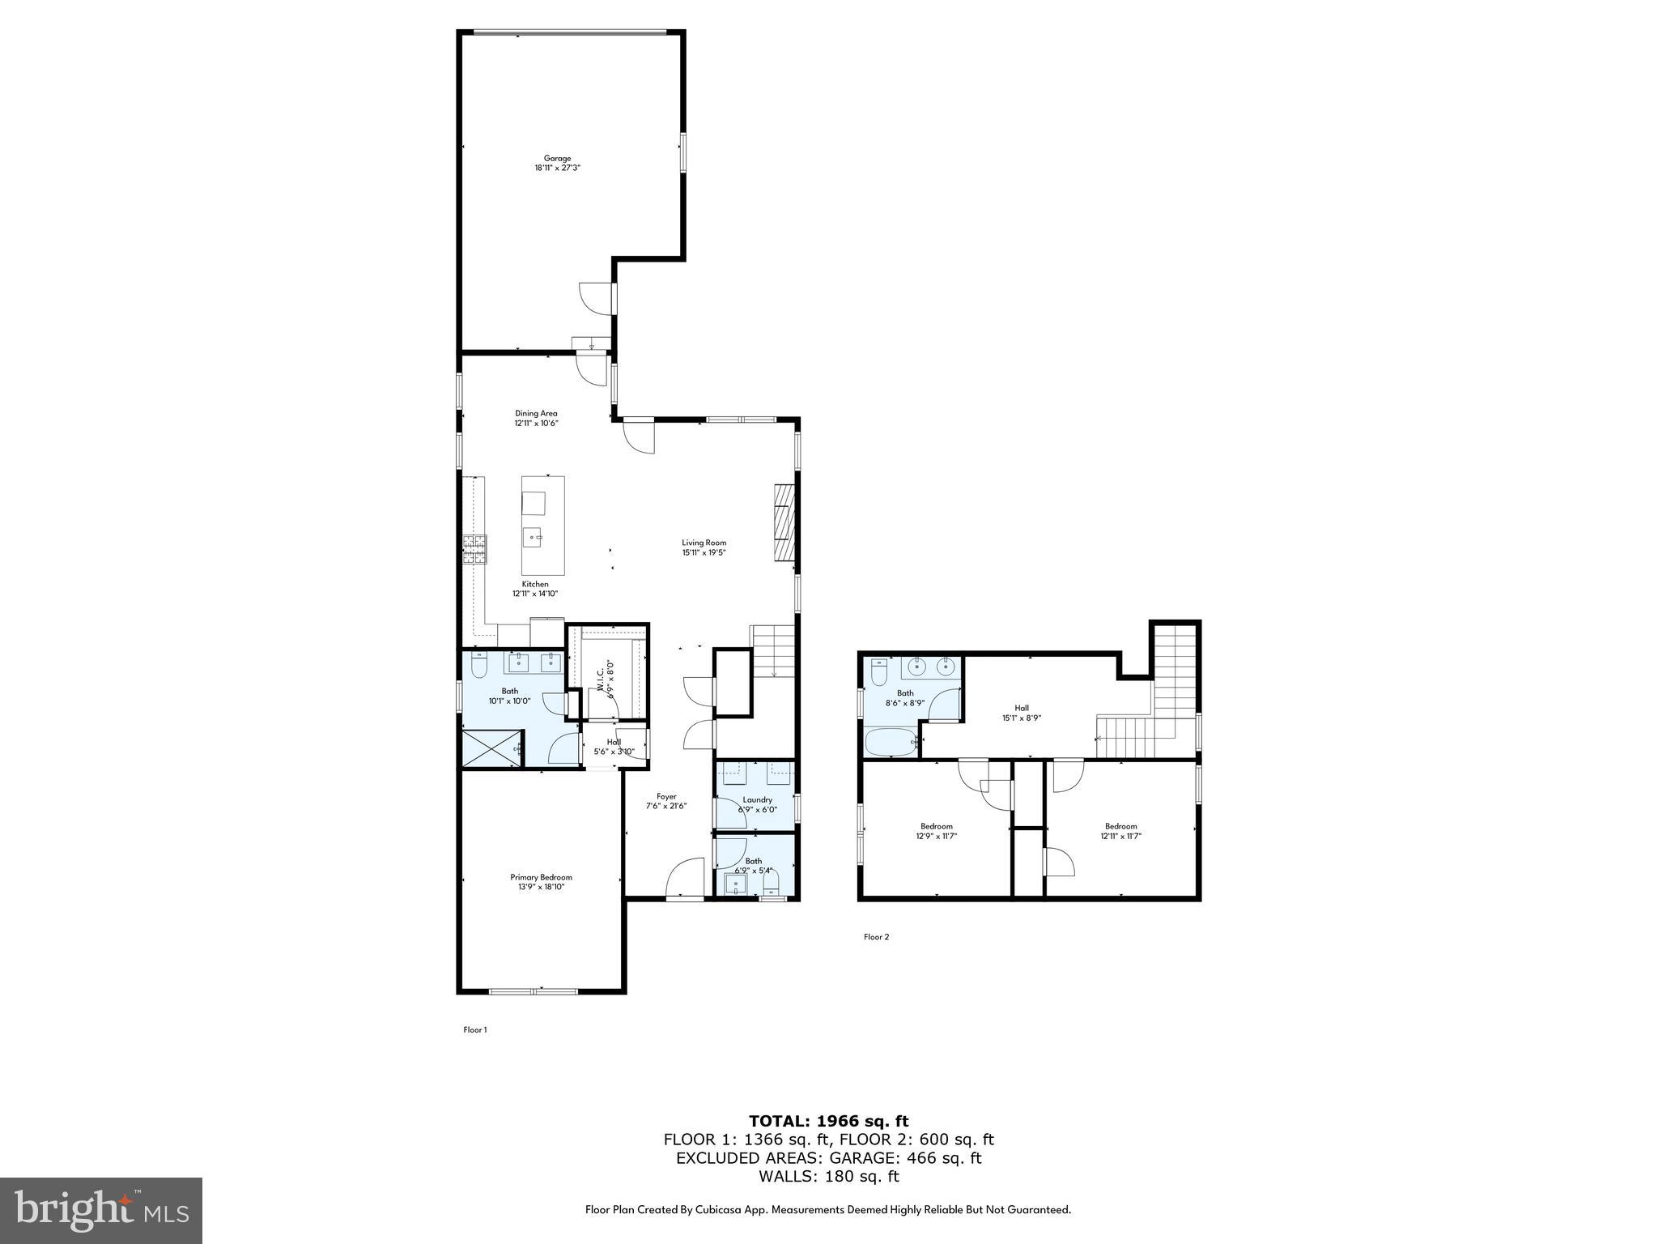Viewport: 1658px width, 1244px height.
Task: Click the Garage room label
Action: (x=557, y=159)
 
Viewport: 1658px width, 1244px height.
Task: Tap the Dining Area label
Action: (x=536, y=413)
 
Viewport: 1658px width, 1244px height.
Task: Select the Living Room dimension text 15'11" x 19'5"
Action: (x=704, y=553)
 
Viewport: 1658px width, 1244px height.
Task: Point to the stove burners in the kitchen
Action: (x=474, y=549)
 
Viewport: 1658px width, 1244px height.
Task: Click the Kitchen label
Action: (x=535, y=584)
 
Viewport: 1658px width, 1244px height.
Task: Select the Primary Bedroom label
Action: (x=541, y=877)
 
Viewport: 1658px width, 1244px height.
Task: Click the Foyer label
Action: (x=666, y=796)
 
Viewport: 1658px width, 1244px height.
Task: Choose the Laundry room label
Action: (x=757, y=799)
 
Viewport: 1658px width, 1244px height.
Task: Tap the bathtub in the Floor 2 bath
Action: (x=890, y=741)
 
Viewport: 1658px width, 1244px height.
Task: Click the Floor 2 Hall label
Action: (x=1022, y=708)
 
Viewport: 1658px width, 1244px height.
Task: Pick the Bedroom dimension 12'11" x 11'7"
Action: (x=1121, y=837)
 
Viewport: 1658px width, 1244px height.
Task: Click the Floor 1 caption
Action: (x=475, y=1030)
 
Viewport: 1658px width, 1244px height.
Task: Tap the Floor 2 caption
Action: (x=876, y=937)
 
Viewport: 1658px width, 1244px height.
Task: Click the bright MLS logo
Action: (x=101, y=1210)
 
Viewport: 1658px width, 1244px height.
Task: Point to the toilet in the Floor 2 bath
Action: (x=880, y=672)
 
